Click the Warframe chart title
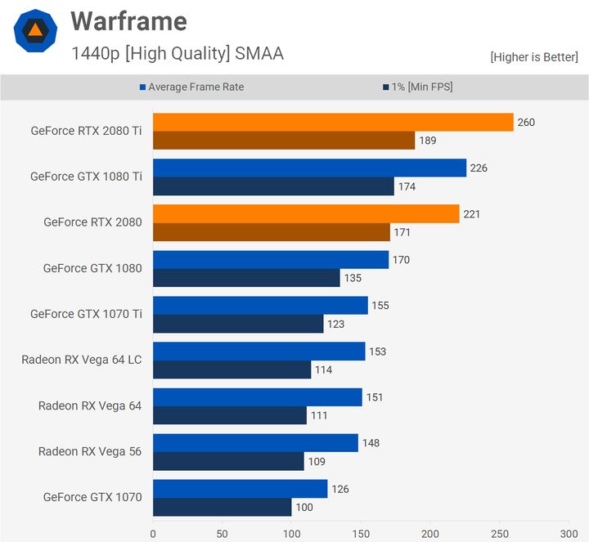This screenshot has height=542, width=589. coord(128,21)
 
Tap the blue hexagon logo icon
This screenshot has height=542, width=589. coord(35,31)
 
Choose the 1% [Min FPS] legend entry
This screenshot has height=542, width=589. coord(416,87)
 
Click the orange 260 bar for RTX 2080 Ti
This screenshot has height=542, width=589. coord(333,122)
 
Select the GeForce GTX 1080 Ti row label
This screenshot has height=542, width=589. coord(86,177)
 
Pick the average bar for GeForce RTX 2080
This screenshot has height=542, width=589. coord(306,214)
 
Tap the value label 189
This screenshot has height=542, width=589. coord(428,141)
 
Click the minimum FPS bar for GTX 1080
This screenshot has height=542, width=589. coord(246,278)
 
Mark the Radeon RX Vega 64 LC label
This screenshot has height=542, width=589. coord(82,360)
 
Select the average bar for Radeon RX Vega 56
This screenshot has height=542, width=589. coord(255,443)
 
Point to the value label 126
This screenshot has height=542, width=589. coord(339,489)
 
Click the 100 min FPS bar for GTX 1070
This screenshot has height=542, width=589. coord(222,508)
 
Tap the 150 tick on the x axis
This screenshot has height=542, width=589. coord(361,533)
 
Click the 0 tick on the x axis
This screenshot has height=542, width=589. coord(153,533)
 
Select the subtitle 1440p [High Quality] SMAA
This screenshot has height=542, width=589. coord(178,54)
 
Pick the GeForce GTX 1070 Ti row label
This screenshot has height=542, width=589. coord(86,314)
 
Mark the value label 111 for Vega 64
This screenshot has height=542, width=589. coord(319,415)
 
